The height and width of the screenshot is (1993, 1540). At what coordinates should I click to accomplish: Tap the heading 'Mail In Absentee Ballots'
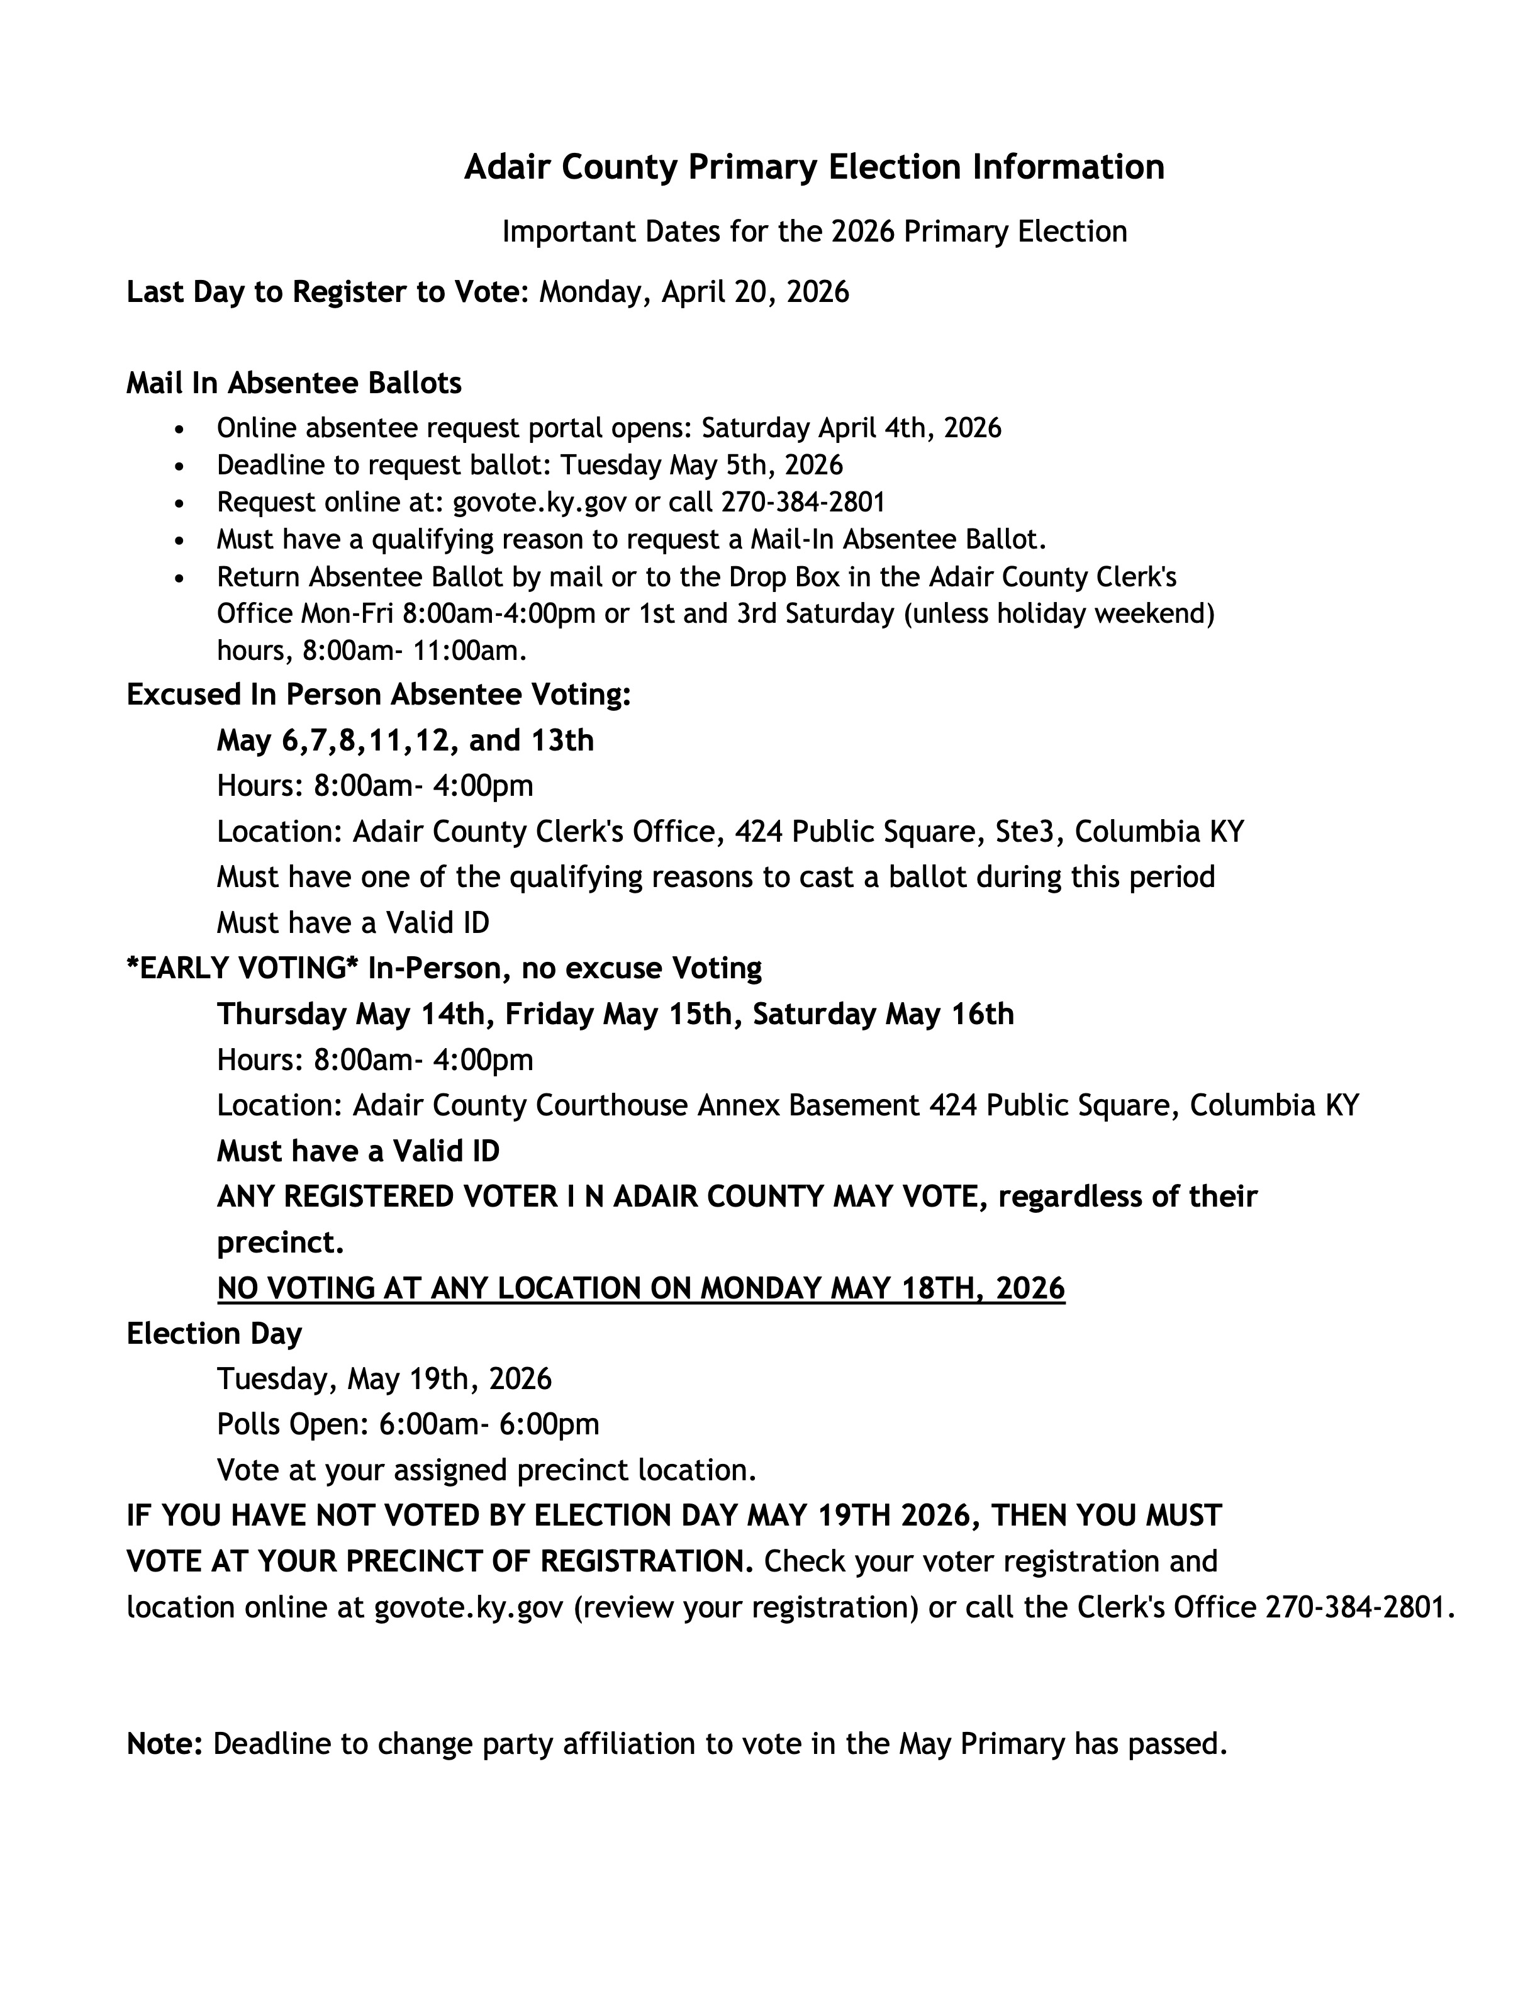(294, 383)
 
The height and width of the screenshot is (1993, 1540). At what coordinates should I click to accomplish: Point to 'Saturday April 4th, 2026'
(851, 428)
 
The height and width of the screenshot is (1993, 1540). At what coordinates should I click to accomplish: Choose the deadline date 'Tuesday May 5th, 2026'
(701, 466)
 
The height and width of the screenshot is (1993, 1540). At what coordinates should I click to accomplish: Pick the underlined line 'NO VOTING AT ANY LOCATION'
(640, 1288)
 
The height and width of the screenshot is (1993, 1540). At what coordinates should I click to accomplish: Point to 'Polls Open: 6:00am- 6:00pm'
(408, 1424)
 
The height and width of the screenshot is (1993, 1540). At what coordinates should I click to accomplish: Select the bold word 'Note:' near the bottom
(164, 1745)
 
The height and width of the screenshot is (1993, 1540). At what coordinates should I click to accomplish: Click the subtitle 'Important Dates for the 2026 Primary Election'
(814, 232)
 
